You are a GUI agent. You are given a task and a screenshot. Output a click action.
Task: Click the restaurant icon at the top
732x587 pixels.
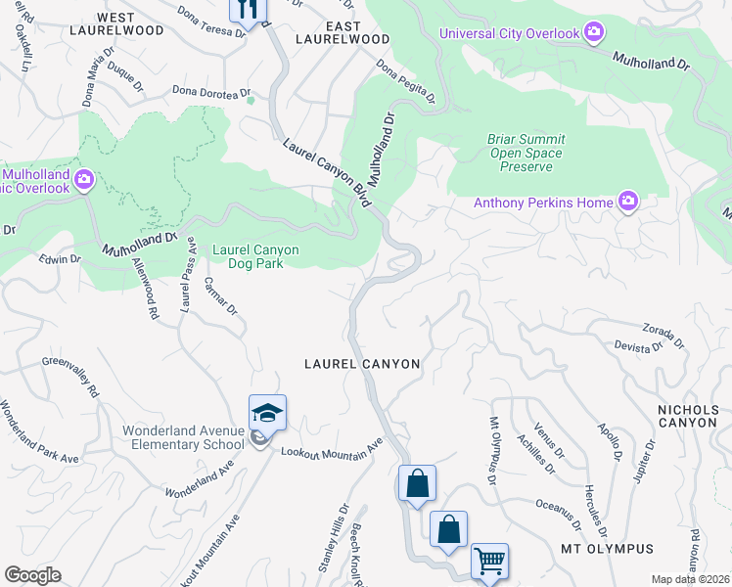click(248, 10)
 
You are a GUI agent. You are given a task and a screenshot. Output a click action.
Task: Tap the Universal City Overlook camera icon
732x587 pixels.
click(593, 33)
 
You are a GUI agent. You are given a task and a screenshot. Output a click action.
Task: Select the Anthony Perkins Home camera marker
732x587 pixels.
click(627, 203)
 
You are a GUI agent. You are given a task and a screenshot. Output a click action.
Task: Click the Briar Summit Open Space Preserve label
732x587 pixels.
click(525, 153)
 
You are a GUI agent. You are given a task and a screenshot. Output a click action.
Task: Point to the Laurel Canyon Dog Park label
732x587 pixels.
click(250, 256)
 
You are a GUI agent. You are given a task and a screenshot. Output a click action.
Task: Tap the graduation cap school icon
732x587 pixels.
click(267, 412)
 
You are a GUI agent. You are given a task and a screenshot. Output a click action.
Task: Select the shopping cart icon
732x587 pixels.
click(489, 562)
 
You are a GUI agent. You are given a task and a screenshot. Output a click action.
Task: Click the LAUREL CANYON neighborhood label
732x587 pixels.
click(362, 364)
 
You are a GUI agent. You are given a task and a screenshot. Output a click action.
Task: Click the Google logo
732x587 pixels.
click(32, 575)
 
